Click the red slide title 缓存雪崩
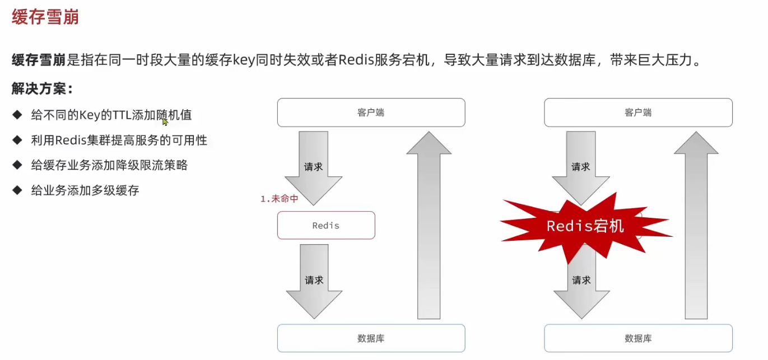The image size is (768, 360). (45, 17)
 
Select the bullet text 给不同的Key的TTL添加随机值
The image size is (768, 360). (111, 115)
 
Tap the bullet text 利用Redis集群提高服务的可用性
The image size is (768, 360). (119, 141)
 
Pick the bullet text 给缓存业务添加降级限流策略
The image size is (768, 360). (109, 165)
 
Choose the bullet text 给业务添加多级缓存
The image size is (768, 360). (85, 190)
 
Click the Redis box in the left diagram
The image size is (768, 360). (326, 226)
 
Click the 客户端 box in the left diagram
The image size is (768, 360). (371, 113)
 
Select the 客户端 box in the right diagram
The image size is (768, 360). (638, 113)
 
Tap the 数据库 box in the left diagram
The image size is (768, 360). (371, 338)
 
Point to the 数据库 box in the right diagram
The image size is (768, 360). (638, 338)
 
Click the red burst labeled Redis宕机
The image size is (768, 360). (585, 226)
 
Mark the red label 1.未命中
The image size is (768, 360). (280, 199)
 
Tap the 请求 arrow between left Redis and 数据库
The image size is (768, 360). (314, 280)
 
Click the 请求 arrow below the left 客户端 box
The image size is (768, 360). (313, 166)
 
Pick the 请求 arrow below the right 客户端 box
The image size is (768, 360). (580, 166)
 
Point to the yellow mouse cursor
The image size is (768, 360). (165, 121)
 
